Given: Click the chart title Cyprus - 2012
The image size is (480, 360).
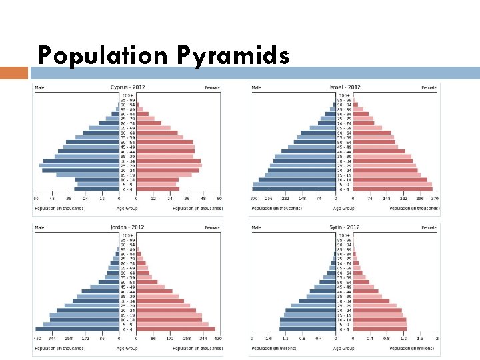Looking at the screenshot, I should click(x=127, y=87).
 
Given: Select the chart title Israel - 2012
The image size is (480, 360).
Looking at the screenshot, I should click(x=344, y=87).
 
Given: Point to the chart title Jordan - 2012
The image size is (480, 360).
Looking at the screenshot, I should click(x=127, y=227).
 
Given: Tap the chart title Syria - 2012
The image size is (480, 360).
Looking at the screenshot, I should click(x=344, y=227).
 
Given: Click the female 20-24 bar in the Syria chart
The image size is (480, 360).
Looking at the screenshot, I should click(x=377, y=310).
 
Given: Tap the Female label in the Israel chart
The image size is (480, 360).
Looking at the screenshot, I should click(x=429, y=87).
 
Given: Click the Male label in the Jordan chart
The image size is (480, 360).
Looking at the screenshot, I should click(x=40, y=228).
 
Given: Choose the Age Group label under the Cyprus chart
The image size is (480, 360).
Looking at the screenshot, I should click(x=127, y=208).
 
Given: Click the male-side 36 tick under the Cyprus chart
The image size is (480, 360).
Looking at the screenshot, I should click(x=69, y=198).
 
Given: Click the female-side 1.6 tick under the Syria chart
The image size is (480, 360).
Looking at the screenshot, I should click(x=419, y=339).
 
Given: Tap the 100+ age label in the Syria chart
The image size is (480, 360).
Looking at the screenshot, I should click(x=344, y=235).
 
